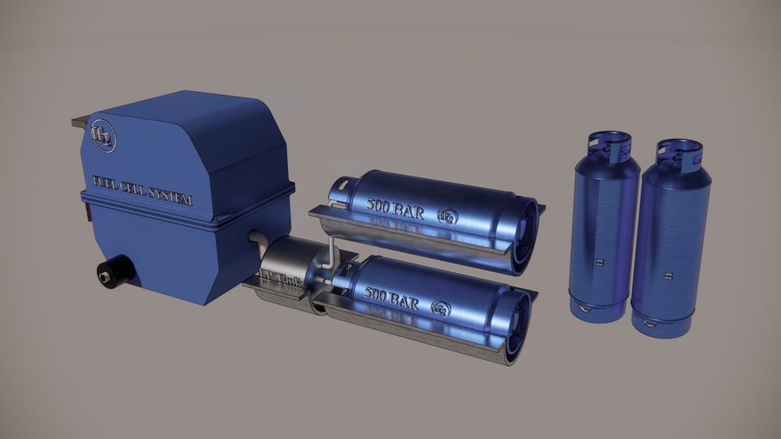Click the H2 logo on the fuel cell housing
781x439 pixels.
pyautogui.click(x=103, y=137)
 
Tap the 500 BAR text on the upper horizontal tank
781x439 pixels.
pyautogui.click(x=395, y=206)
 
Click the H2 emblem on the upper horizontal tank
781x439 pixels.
pyautogui.click(x=447, y=216)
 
